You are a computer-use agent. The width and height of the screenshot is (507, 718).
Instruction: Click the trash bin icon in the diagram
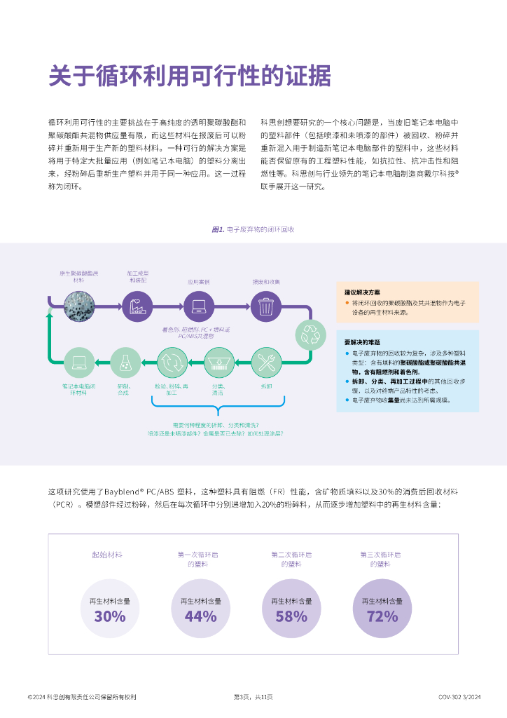[265, 306]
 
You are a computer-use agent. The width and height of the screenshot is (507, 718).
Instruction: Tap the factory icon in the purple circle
[137, 306]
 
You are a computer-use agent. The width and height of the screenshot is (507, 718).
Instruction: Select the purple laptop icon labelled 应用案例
[198, 306]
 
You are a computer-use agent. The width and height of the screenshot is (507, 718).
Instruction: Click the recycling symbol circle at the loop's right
[310, 335]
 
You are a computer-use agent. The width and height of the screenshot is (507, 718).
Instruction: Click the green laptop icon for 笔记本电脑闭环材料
[79, 363]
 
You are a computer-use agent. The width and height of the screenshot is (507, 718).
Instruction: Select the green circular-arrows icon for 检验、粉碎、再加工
[172, 363]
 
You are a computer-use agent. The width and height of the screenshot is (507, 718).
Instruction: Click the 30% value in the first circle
[109, 616]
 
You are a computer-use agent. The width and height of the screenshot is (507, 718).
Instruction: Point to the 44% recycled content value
[200, 616]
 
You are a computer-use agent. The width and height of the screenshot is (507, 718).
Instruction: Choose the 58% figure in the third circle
[291, 616]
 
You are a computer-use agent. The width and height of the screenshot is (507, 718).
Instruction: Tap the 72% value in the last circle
[382, 616]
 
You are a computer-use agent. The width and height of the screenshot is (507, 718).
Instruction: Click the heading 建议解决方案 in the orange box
[362, 292]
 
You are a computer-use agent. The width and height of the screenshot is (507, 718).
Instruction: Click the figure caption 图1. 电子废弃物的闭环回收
[253, 229]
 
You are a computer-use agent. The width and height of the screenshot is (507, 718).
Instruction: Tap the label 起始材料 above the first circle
[107, 554]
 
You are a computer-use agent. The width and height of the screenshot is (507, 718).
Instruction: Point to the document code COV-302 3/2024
[460, 697]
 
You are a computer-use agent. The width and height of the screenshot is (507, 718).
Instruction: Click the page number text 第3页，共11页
[253, 697]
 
